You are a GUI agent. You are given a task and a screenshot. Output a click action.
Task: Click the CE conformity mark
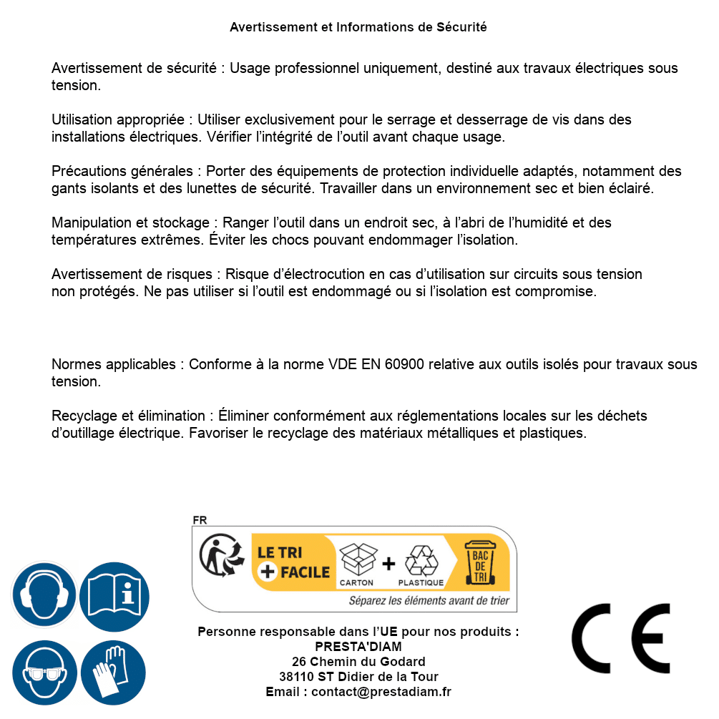pyautogui.click(x=620, y=638)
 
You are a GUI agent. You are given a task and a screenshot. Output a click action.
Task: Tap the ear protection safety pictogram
pyautogui.click(x=44, y=595)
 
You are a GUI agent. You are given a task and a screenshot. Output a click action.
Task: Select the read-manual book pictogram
pyautogui.click(x=114, y=595)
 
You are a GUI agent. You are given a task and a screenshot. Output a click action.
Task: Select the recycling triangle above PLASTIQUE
pyautogui.click(x=420, y=559)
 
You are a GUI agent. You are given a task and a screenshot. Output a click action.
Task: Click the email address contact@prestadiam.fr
pyautogui.click(x=381, y=692)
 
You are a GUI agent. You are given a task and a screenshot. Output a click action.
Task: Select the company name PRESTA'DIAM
pyautogui.click(x=358, y=647)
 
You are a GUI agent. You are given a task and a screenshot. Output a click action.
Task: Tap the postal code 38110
pyautogui.click(x=298, y=677)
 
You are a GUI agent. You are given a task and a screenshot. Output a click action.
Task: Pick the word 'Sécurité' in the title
pyautogui.click(x=461, y=27)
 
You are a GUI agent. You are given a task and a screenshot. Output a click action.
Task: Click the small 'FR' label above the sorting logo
pyautogui.click(x=200, y=521)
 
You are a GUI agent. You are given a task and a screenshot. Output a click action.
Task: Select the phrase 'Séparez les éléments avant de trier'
pyautogui.click(x=429, y=601)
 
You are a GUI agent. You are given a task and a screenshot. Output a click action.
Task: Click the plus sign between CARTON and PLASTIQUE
pyautogui.click(x=388, y=564)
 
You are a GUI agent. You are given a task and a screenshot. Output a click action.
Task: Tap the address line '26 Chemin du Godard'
pyautogui.click(x=358, y=662)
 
